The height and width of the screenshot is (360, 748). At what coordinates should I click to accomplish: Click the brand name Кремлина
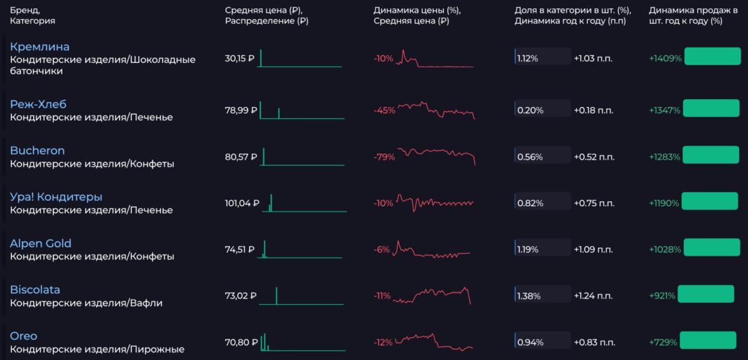[39, 47]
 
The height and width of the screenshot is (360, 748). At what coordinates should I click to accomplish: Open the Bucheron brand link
[37, 151]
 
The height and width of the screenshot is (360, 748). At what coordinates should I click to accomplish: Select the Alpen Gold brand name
[41, 244]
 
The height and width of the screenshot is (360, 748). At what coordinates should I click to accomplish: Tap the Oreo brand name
[24, 336]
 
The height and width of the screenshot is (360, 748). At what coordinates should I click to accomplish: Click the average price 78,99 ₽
[241, 111]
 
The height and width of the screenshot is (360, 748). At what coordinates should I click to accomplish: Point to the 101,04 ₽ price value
[242, 204]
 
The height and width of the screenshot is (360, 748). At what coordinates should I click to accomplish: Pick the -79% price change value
[384, 157]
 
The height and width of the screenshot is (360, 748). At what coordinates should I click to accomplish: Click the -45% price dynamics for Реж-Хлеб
[384, 111]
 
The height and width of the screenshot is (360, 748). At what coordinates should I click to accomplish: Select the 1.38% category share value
[529, 296]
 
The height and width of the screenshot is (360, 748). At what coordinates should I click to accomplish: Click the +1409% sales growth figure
[665, 59]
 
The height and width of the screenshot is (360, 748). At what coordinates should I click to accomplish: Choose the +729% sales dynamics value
[663, 342]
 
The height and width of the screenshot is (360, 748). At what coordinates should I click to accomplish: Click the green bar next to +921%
[705, 294]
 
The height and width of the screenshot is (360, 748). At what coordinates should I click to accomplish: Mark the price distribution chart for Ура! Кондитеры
[305, 204]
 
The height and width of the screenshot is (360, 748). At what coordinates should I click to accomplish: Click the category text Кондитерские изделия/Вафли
[86, 303]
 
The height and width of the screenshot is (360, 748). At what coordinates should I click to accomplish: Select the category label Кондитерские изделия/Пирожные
[97, 349]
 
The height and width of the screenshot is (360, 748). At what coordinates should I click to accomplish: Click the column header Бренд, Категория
[32, 15]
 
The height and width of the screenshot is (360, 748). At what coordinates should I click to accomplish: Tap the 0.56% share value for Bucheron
[530, 157]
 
